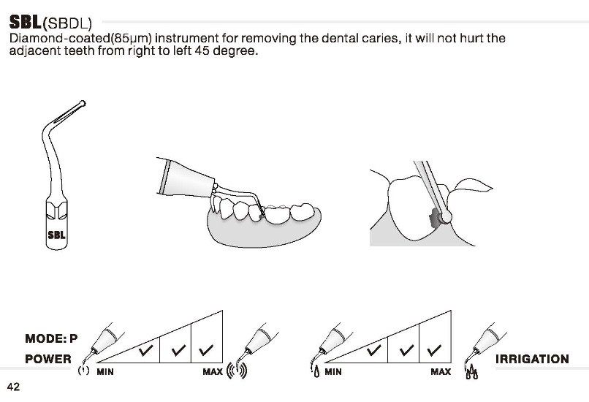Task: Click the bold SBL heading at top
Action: (26, 22)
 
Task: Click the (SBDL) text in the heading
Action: (67, 23)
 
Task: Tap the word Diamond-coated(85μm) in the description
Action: (80, 38)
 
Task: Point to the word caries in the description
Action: (381, 38)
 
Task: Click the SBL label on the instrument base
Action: (57, 235)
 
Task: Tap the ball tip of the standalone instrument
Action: (83, 103)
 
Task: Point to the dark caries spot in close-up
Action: (434, 219)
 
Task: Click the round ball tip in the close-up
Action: (446, 217)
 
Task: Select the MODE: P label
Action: (51, 338)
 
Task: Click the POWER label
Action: (48, 359)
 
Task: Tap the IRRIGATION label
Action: (532, 359)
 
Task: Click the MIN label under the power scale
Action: (105, 372)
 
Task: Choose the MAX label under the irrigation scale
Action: (441, 372)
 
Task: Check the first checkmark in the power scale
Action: (145, 350)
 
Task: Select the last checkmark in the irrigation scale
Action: (434, 350)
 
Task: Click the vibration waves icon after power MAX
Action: (237, 371)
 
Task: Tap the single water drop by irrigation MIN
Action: (316, 372)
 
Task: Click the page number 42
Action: (14, 387)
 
